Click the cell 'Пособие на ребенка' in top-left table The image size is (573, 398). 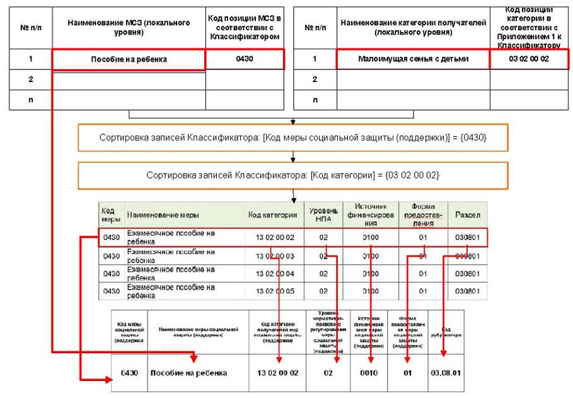point(129,60)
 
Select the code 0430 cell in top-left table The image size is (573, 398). point(245,60)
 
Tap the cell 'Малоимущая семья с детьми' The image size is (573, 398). point(413,60)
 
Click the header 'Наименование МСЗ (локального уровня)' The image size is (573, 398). point(129,27)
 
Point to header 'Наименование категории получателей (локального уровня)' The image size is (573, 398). point(413,27)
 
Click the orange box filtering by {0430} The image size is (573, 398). point(294,137)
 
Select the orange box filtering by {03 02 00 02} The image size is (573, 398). point(294,176)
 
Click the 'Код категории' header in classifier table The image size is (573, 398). point(272,215)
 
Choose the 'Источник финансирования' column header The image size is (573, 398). point(370,214)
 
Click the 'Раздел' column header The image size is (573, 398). point(466,215)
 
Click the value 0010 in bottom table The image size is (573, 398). point(371,372)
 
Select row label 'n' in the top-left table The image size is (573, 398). point(30,100)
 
